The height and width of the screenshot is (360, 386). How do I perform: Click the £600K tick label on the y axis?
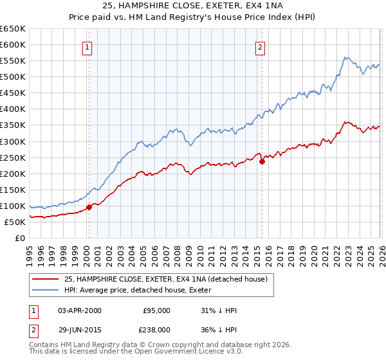13,45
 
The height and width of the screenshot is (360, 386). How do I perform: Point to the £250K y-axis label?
13,157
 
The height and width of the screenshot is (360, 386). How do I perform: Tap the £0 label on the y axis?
20,238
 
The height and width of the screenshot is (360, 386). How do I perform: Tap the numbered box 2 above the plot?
261,46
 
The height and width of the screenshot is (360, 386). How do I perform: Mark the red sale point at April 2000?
89,207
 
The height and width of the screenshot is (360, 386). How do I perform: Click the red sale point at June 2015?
262,161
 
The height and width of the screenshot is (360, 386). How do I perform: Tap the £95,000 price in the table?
156,310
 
